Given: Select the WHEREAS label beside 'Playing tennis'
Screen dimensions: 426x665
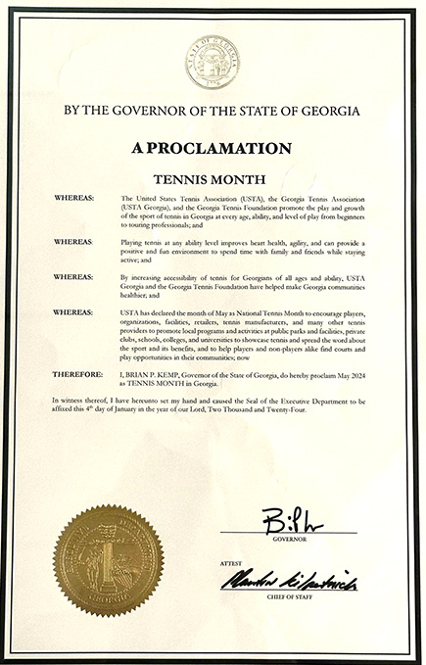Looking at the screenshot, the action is pos(74,241).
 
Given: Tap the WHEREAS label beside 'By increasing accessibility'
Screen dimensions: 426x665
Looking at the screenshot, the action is pos(74,277).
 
